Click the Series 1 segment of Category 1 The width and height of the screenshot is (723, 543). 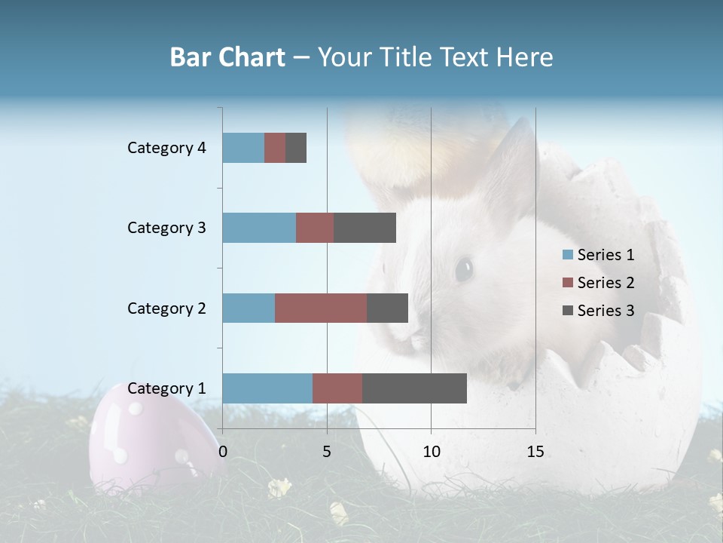267,388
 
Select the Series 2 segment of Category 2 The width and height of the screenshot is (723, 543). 321,308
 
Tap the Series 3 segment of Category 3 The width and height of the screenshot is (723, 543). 365,228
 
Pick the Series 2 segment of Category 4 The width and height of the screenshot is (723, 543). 275,148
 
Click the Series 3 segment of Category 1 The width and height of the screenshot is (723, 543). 414,388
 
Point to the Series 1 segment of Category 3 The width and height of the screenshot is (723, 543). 259,228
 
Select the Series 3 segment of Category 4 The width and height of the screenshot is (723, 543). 296,148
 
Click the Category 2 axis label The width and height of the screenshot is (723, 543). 166,308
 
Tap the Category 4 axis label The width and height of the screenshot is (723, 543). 166,148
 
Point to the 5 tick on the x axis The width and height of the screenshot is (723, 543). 327,452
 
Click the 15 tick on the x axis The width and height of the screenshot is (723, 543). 535,452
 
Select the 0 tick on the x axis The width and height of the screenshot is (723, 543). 223,452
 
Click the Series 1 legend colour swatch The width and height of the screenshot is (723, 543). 568,255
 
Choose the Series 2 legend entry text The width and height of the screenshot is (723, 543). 606,283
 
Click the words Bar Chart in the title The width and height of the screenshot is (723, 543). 227,57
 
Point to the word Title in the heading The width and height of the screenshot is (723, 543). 466,57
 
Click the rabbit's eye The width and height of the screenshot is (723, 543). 463,268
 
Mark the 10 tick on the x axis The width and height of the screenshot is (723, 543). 431,452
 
